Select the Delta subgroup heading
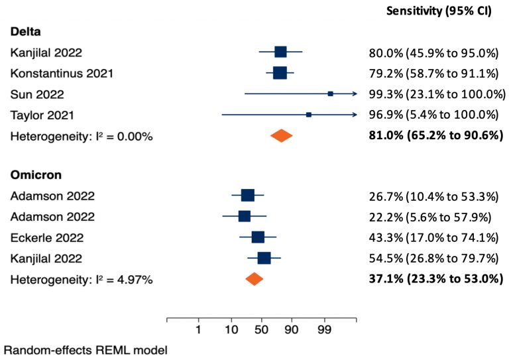[x=25, y=32]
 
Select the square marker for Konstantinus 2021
[x=280, y=73]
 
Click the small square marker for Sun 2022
[x=330, y=94]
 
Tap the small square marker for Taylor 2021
[x=309, y=115]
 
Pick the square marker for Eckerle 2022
[x=258, y=237]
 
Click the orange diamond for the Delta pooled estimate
[x=282, y=136]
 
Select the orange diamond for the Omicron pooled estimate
[x=254, y=279]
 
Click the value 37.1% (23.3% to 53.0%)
[x=435, y=279]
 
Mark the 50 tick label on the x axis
[x=262, y=330]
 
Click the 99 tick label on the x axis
[x=325, y=330]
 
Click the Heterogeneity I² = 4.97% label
[x=82, y=279]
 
